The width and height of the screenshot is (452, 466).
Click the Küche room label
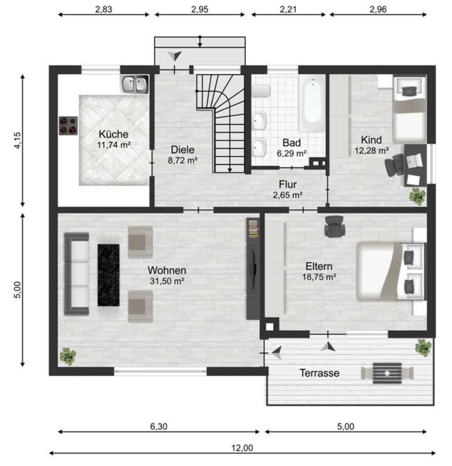point(114,134)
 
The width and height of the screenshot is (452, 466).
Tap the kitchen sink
point(134,84)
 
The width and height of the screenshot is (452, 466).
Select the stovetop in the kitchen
point(68,126)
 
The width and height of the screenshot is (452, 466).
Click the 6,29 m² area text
point(292,153)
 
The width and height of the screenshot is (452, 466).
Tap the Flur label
point(288,184)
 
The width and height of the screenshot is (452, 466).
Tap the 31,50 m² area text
point(167,281)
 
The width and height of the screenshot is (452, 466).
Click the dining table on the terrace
point(387,372)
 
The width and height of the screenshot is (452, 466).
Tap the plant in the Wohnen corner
point(67,356)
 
